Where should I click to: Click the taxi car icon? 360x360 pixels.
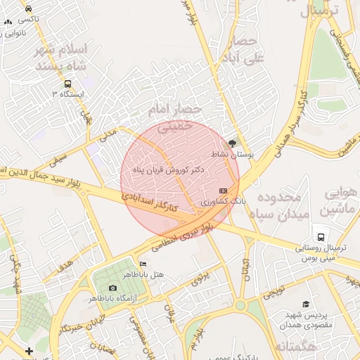[x=27, y=9]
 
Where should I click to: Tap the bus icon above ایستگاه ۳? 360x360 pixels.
[x=67, y=82]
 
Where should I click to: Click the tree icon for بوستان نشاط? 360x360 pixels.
[x=233, y=143]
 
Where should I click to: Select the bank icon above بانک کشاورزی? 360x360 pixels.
[x=224, y=191]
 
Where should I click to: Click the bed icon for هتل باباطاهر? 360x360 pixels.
[x=143, y=264]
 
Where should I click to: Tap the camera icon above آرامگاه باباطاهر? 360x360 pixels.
[x=112, y=288]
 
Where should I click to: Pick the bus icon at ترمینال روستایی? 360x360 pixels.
[x=321, y=237]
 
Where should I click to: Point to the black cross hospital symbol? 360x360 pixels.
[x=28, y=350]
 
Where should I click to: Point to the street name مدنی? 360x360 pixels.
[x=107, y=134]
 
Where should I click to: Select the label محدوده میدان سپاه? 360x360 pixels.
[x=280, y=205]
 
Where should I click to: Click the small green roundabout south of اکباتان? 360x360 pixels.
[x=240, y=306]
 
